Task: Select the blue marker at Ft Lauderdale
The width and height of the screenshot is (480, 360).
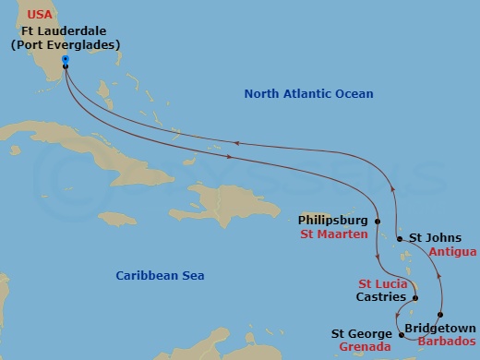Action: coord(65,60)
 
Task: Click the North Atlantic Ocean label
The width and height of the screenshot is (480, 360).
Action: coord(308,94)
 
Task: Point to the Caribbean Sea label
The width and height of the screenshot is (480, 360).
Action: coord(160,275)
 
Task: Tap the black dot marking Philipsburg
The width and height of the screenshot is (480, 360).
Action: coord(378,221)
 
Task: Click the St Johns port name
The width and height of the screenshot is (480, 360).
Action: coord(429,237)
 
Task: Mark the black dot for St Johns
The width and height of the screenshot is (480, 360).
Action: coord(400,238)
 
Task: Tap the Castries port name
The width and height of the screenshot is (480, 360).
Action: coord(381,298)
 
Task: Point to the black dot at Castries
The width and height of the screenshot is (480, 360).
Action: coord(415,298)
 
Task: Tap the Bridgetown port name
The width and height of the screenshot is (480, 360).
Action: coord(441,328)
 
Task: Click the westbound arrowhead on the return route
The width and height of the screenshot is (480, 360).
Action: coord(238,142)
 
